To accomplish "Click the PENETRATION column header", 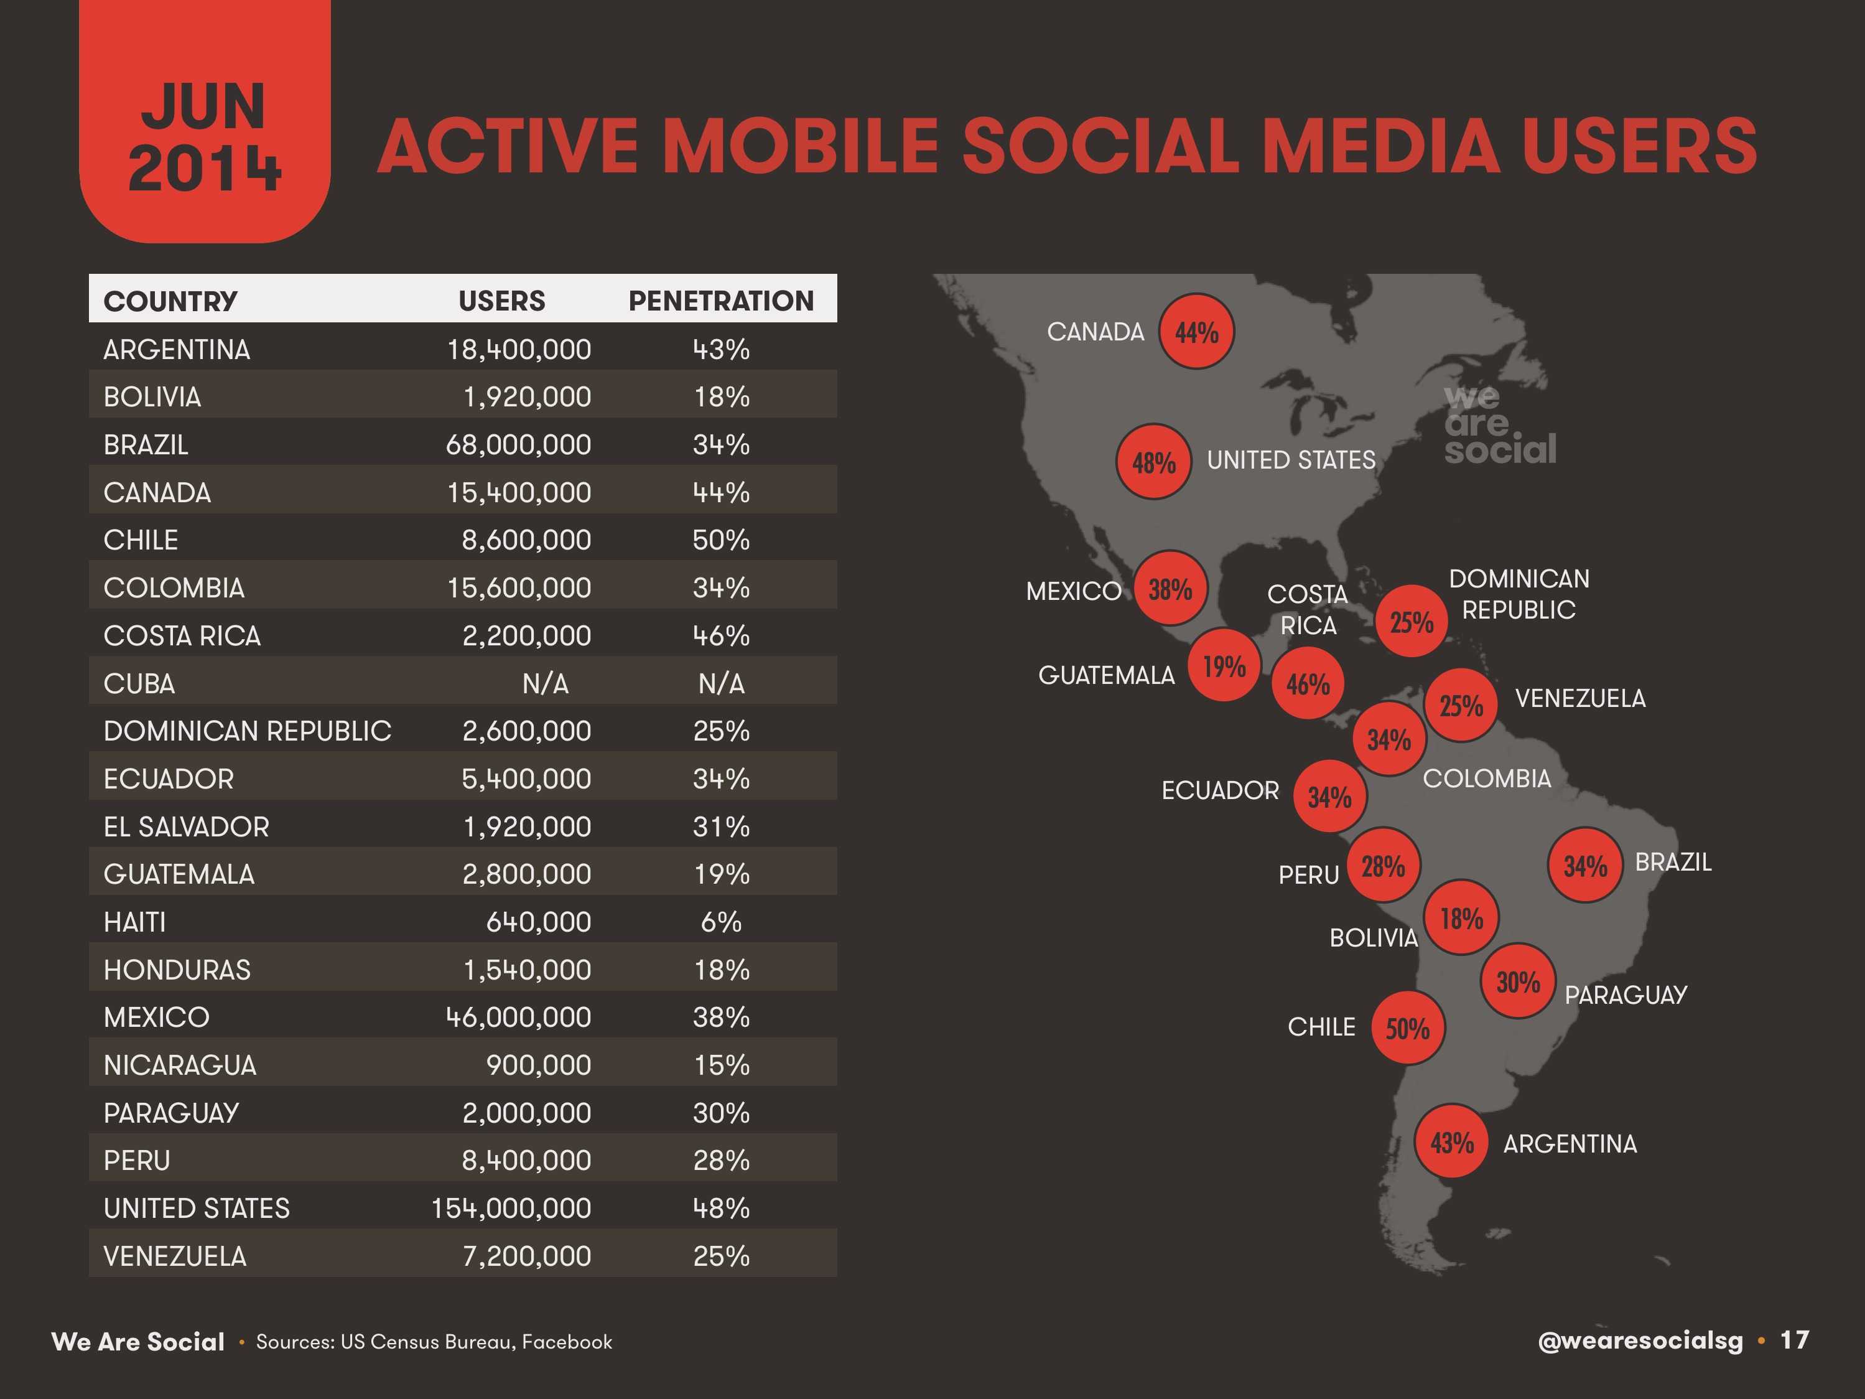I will [x=721, y=301].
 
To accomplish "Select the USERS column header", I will [x=501, y=301].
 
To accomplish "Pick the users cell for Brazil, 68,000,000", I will [x=519, y=444].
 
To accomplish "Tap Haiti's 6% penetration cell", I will [x=721, y=922].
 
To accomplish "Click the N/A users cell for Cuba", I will [x=545, y=683].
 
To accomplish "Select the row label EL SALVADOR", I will [x=187, y=826].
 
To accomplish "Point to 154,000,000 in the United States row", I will [x=511, y=1209].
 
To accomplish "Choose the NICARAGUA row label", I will [x=180, y=1065].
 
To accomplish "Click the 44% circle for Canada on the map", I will [x=1196, y=332].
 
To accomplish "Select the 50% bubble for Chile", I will [x=1407, y=1028].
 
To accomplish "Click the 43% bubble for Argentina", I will [x=1451, y=1143].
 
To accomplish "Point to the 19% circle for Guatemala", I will [x=1224, y=666].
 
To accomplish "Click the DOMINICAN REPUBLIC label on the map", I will [x=1519, y=594].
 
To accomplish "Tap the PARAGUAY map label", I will [x=1625, y=995].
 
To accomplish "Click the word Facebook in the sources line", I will [x=567, y=1342].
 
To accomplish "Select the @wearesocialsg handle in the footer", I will [x=1640, y=1341].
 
